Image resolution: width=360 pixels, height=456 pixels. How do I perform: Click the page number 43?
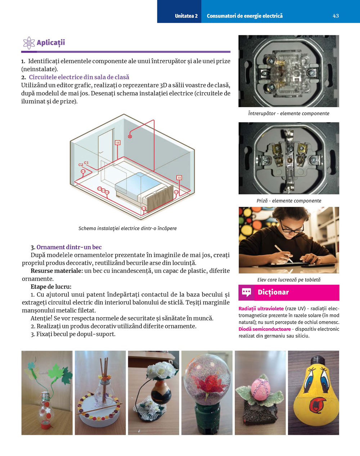(x=336, y=16)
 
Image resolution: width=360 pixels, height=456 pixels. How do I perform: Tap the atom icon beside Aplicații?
(x=29, y=43)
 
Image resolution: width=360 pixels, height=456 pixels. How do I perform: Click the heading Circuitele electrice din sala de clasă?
(x=79, y=77)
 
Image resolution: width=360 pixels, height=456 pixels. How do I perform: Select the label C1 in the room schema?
(x=86, y=163)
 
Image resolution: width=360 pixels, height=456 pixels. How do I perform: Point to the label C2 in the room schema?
(x=81, y=165)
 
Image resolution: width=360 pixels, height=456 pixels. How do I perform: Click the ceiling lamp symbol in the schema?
(x=130, y=136)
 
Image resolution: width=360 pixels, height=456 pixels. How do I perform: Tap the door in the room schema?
(x=106, y=144)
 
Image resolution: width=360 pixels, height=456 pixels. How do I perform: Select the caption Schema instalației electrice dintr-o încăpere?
(x=127, y=228)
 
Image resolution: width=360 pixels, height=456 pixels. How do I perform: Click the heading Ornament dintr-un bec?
(x=69, y=247)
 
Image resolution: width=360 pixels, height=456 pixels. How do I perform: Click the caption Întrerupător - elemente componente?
(x=288, y=114)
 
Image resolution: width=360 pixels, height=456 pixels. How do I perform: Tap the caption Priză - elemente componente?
(x=289, y=201)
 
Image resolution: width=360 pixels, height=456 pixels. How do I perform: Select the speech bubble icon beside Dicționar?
(x=247, y=292)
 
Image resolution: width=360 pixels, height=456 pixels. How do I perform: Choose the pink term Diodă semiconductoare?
(x=265, y=329)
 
